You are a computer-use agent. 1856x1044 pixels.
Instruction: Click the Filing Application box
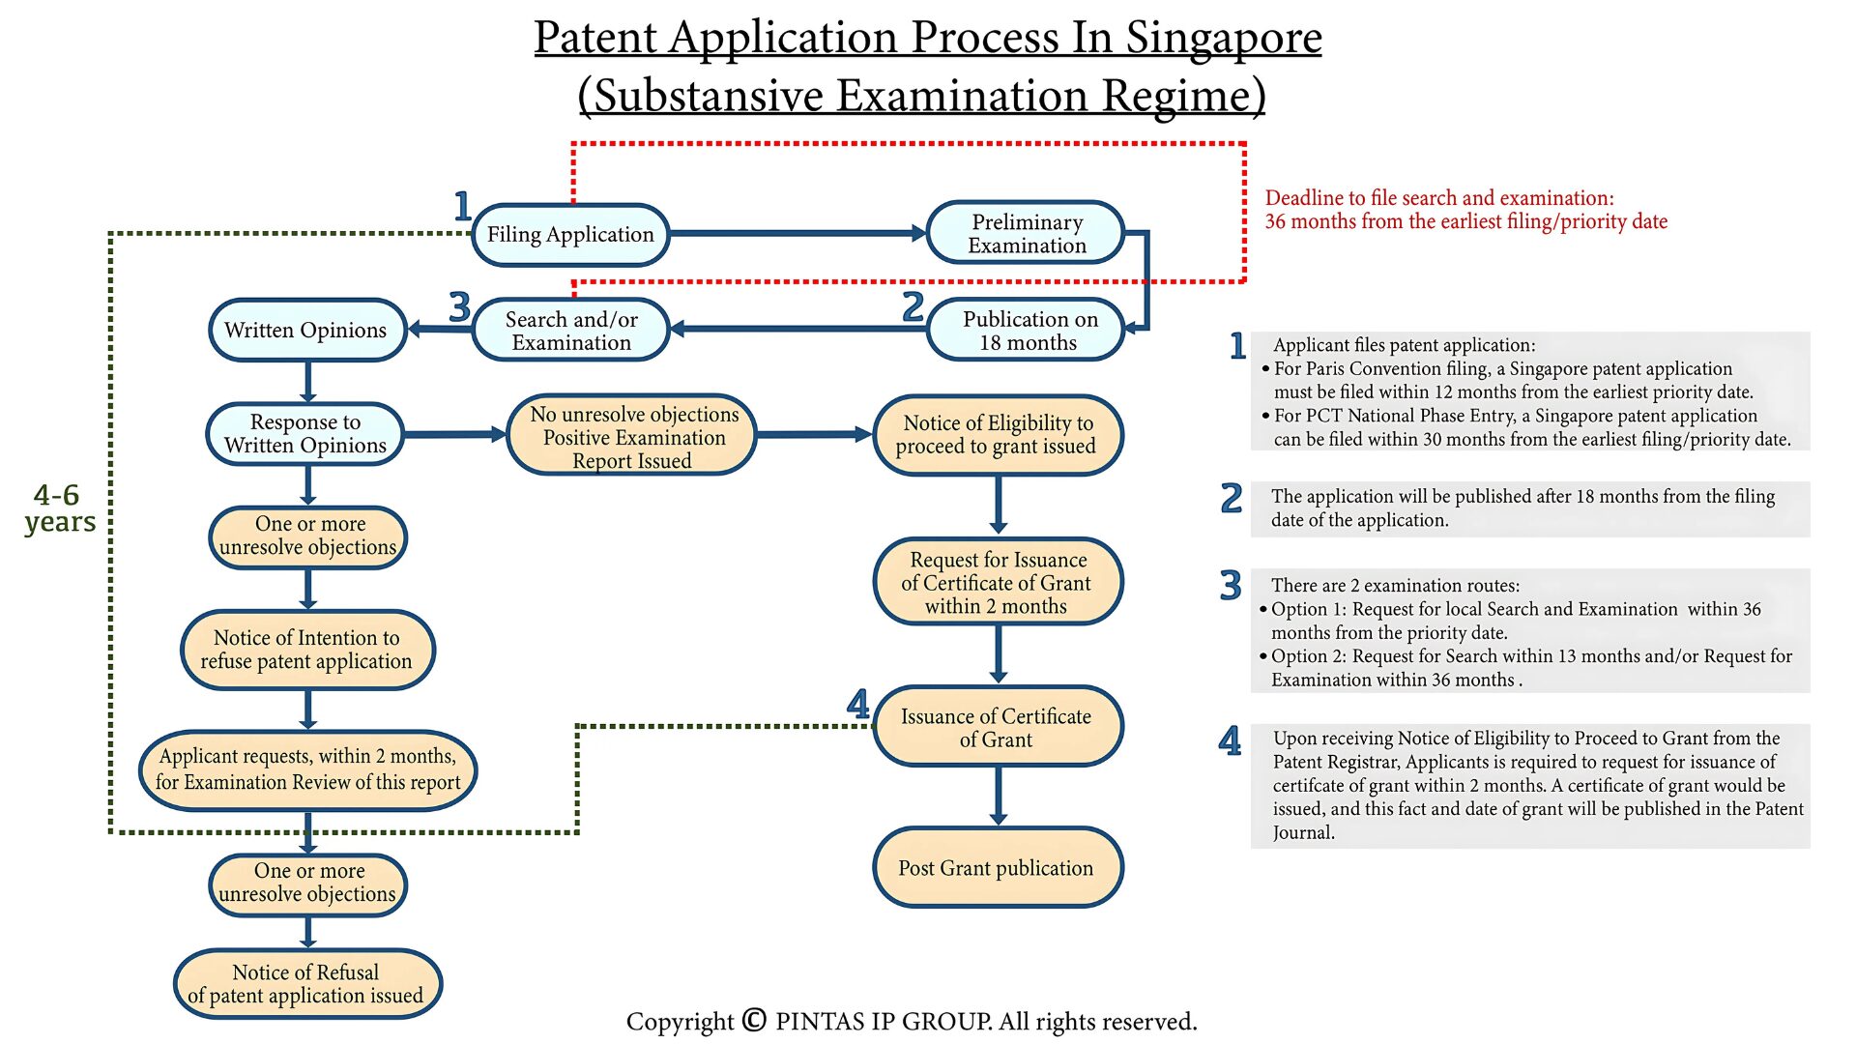tap(570, 235)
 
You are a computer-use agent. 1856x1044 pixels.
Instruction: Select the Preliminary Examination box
tap(1026, 234)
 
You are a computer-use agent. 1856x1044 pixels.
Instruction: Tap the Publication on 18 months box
tap(1028, 331)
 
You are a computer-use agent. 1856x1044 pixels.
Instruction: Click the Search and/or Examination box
tap(571, 331)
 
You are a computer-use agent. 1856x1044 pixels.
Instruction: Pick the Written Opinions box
tap(306, 331)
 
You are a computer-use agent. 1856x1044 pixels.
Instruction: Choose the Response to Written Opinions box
tap(305, 434)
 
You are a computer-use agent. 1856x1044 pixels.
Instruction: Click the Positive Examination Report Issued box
tap(632, 437)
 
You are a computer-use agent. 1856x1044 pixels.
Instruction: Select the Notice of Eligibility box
tap(997, 435)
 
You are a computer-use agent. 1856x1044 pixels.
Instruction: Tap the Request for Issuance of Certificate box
tap(997, 582)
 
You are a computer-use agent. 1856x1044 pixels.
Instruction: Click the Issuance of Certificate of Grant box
tap(997, 727)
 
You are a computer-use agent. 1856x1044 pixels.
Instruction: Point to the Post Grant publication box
tap(997, 867)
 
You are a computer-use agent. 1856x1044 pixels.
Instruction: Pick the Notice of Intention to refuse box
tap(306, 650)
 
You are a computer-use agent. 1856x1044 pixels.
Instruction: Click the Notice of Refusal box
tap(306, 984)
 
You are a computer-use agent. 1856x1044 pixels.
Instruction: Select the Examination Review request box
tap(307, 769)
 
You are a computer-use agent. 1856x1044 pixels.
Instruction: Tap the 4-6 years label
tap(59, 508)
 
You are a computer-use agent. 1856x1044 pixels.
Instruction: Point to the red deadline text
tap(1465, 210)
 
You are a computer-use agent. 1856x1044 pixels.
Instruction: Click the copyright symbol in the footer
tap(754, 1020)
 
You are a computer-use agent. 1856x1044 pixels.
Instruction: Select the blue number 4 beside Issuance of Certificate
tap(857, 704)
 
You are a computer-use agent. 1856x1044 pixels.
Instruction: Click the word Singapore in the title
tap(1223, 39)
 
